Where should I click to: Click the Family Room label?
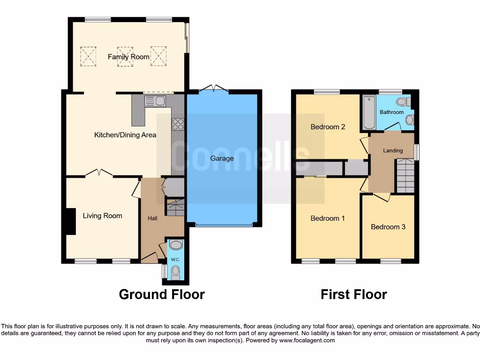click(128, 57)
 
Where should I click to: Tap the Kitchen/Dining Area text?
click(125, 135)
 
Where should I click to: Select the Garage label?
click(222, 158)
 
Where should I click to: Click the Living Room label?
click(102, 216)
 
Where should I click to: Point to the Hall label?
click(153, 218)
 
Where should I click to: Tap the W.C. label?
click(175, 259)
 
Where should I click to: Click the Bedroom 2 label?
click(328, 127)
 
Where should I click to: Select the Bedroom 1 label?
click(328, 218)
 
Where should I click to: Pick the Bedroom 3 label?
click(388, 227)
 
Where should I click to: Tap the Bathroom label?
click(391, 112)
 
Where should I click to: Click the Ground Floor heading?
click(162, 294)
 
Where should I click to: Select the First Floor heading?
click(354, 294)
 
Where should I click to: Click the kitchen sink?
click(155, 101)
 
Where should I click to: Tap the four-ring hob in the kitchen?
click(178, 124)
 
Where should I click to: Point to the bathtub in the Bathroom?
click(369, 113)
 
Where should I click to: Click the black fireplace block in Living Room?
click(70, 221)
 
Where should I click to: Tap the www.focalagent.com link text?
click(307, 340)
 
